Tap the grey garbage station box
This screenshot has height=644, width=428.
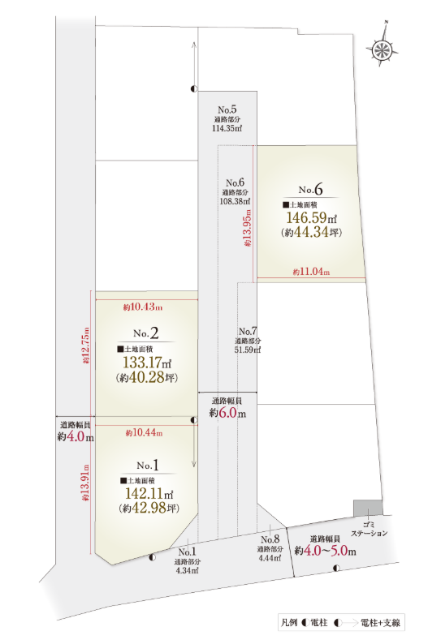coord(368,508)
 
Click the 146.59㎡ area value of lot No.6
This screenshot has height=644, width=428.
coord(312,217)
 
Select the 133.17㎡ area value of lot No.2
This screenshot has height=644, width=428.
coord(147,362)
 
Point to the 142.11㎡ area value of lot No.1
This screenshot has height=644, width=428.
coord(149,494)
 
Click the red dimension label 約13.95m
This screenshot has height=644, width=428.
coord(248,228)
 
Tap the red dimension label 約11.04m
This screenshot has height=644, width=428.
coord(311,272)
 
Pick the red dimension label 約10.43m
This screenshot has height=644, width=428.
coord(143,307)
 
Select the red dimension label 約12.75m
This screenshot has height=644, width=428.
coord(85,345)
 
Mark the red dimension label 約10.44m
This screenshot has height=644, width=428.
coord(144,432)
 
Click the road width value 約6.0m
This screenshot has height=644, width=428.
coord(227,412)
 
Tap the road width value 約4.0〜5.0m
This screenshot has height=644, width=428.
coord(325,551)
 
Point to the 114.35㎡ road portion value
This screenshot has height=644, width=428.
coord(227,128)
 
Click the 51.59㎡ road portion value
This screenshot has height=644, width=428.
coord(248,350)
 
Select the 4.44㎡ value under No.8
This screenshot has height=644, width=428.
coord(270,558)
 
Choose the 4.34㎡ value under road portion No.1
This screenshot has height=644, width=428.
coord(187,570)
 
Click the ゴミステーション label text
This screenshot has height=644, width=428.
coord(369,529)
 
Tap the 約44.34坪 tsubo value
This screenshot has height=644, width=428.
coord(312,232)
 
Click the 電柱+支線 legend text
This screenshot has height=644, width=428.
coord(380,623)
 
